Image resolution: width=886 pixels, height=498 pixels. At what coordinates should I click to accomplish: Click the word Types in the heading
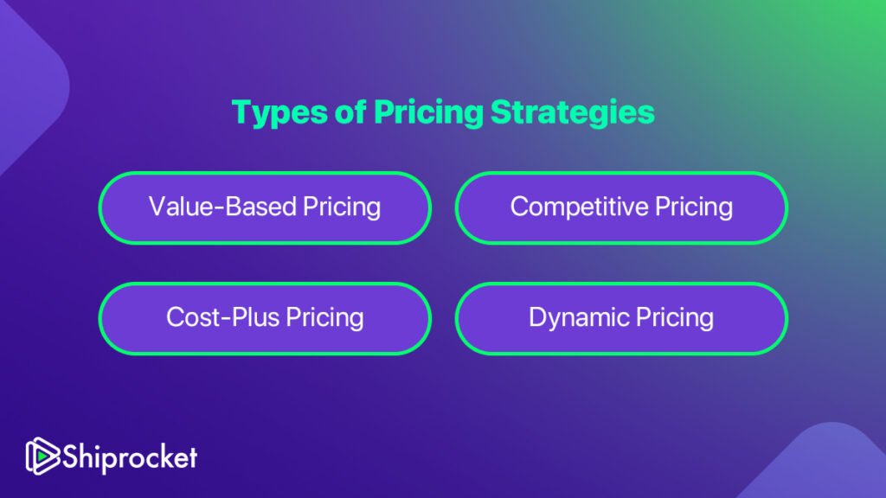point(279,113)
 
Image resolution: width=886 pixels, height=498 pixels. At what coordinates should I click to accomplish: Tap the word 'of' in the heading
point(350,112)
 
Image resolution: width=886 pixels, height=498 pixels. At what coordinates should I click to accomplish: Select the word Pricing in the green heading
point(428,113)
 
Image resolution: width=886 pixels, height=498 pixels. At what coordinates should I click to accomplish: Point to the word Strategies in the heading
point(573,113)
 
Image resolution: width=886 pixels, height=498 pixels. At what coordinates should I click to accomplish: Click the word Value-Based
point(222,207)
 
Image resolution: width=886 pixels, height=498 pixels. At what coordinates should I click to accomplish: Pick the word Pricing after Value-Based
point(341,207)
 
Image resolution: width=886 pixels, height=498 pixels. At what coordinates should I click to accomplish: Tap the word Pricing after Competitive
point(694,207)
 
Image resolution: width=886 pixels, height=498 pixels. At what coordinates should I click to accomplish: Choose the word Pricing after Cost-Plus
point(325,318)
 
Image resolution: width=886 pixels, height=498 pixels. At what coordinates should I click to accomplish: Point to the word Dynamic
point(579,318)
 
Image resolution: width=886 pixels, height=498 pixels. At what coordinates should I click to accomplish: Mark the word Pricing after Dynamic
point(675,318)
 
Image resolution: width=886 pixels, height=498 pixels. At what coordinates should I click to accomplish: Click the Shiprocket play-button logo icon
point(42,456)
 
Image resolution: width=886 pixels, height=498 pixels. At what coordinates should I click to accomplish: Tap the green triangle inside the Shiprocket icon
point(42,456)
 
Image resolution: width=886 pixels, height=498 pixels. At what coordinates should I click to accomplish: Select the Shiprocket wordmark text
point(130,457)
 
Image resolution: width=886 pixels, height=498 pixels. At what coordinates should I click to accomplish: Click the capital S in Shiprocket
point(71,456)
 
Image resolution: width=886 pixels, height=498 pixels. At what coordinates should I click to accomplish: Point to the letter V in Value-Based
point(159,207)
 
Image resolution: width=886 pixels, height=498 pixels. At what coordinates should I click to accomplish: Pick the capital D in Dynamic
point(538,316)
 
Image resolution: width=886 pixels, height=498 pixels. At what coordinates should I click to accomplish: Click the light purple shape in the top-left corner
point(29,85)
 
